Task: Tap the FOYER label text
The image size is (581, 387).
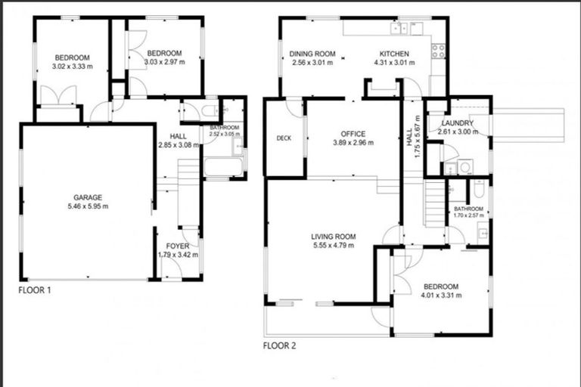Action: point(178,246)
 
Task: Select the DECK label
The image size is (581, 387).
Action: point(284,138)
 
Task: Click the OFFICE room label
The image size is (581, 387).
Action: point(353,134)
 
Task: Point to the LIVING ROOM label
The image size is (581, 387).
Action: point(333,237)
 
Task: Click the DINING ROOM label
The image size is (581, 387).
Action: point(312,54)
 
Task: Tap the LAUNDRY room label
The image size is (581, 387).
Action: point(458,123)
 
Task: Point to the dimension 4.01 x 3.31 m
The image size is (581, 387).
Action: point(440,296)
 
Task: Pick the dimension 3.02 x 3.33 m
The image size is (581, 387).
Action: point(72,67)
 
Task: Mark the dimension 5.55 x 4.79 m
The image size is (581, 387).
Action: point(333,246)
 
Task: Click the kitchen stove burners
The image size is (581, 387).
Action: point(438,51)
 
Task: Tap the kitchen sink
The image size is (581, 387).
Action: point(399,29)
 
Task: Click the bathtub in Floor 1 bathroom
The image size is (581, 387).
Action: point(223,164)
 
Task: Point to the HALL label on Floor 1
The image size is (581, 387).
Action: point(178,136)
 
